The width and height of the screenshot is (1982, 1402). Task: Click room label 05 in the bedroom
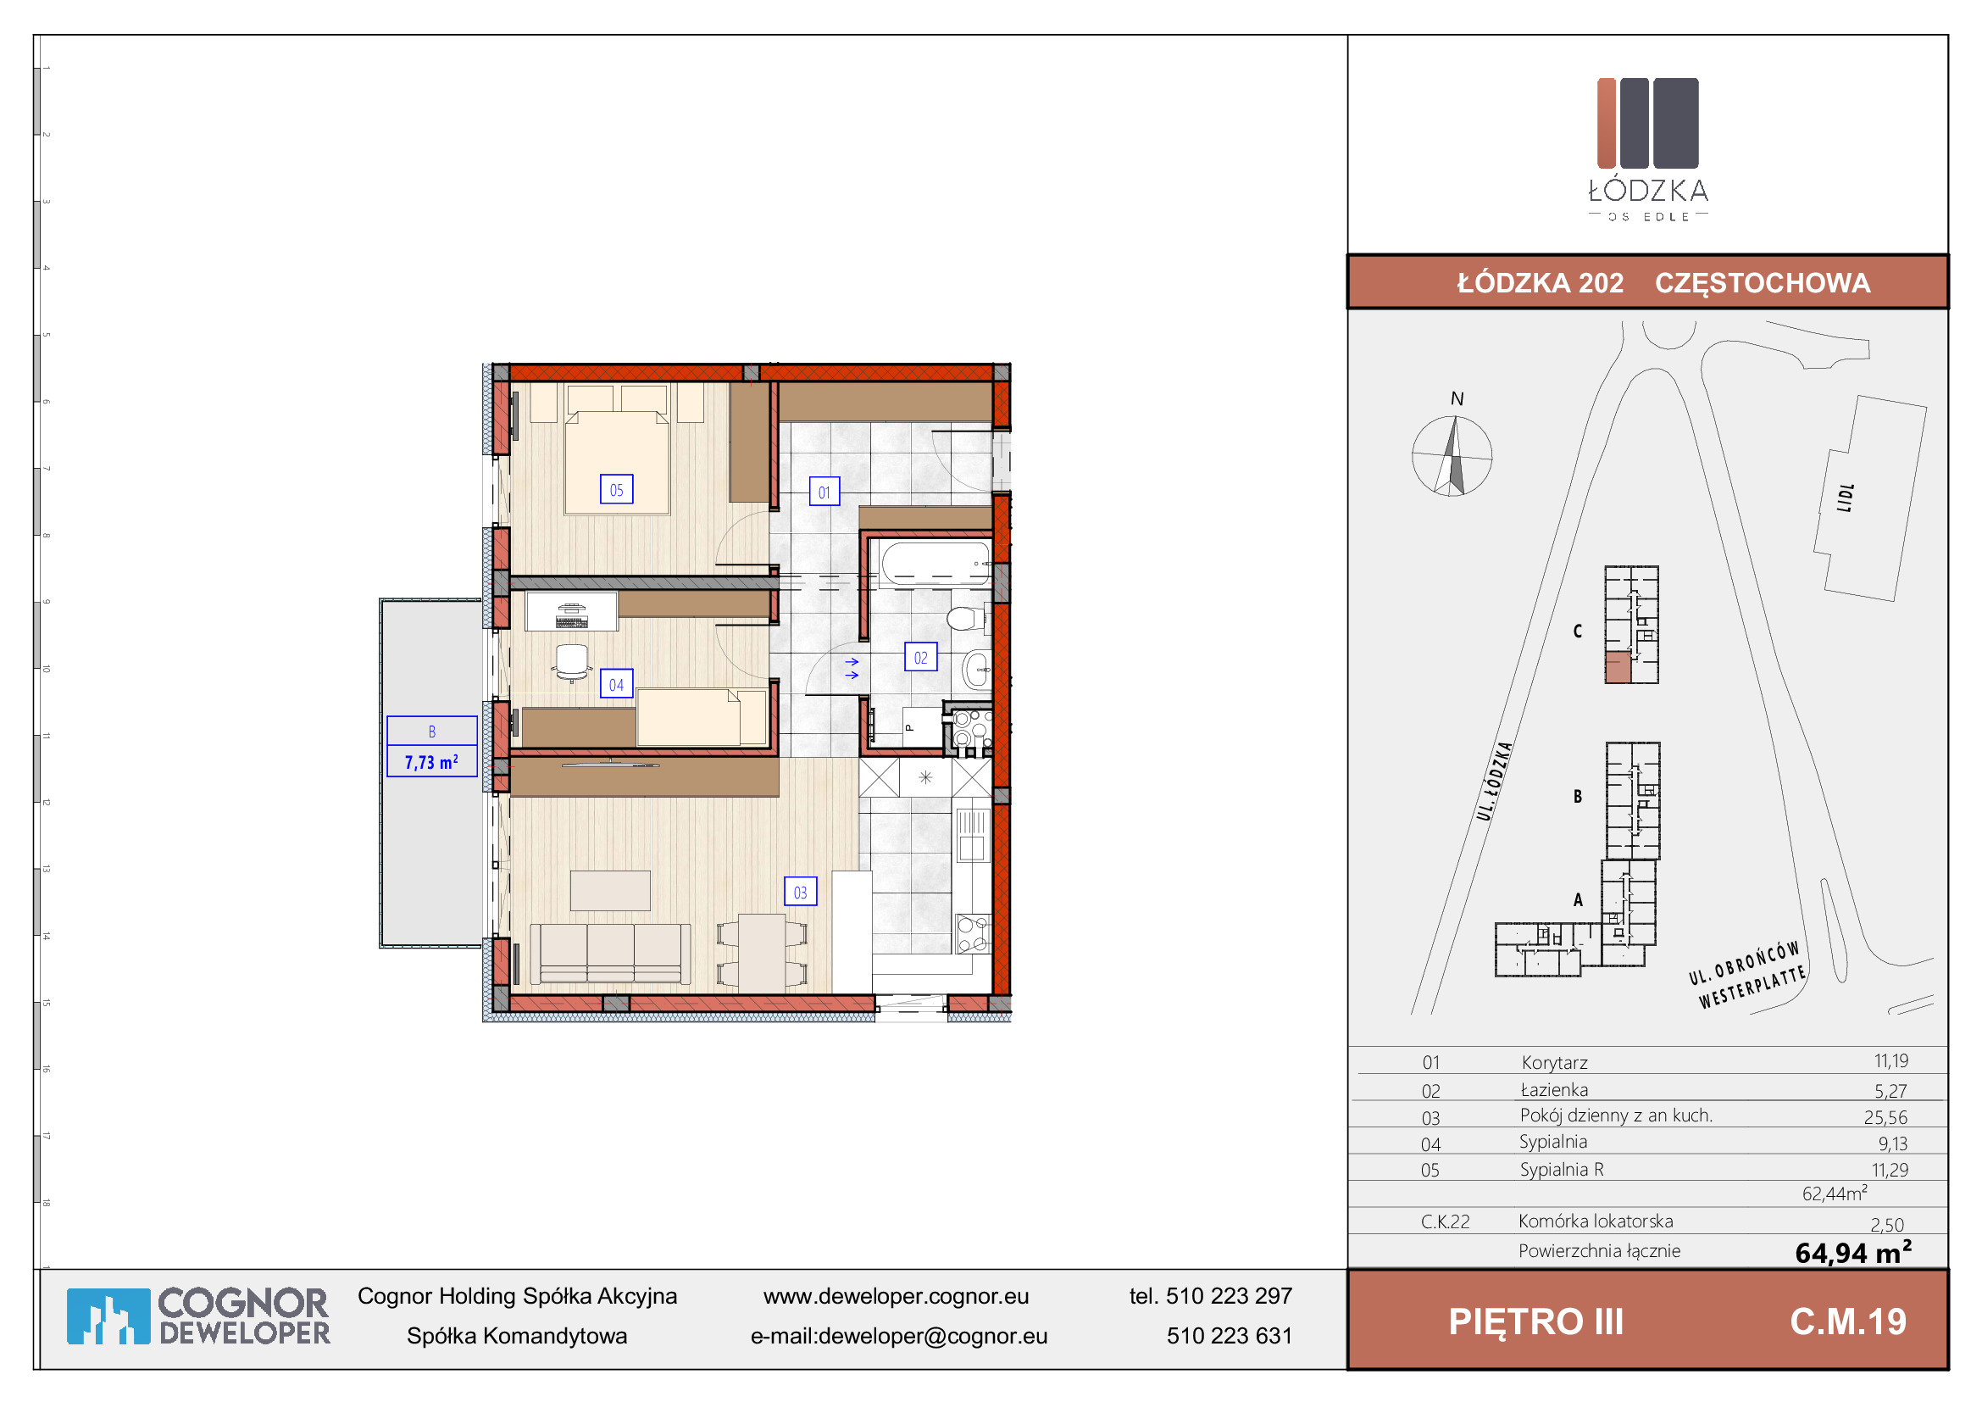[616, 489]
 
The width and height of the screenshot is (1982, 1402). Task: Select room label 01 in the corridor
[824, 492]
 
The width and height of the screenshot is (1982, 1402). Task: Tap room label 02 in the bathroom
[921, 657]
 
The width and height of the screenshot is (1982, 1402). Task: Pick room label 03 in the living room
[800, 892]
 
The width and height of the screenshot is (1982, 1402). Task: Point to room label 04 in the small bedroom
[616, 684]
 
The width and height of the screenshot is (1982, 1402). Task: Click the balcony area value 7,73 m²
[431, 761]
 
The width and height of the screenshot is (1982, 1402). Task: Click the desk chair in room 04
[571, 662]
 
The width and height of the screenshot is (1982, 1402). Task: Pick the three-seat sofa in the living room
[610, 953]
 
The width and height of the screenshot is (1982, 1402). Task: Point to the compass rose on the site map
[1452, 456]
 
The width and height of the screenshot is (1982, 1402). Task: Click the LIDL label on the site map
[1846, 498]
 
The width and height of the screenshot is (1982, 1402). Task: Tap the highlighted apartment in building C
[1618, 667]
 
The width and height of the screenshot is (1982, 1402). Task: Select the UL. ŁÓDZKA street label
[1494, 781]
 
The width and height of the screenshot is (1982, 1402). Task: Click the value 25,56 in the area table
[1885, 1117]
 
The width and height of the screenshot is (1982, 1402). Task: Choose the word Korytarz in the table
[1555, 1062]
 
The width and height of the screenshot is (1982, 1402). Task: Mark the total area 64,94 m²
[1853, 1252]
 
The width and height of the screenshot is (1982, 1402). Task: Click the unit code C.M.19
[1848, 1321]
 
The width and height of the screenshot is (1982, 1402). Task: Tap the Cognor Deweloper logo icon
[108, 1316]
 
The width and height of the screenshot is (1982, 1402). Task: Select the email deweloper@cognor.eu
[932, 1336]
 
